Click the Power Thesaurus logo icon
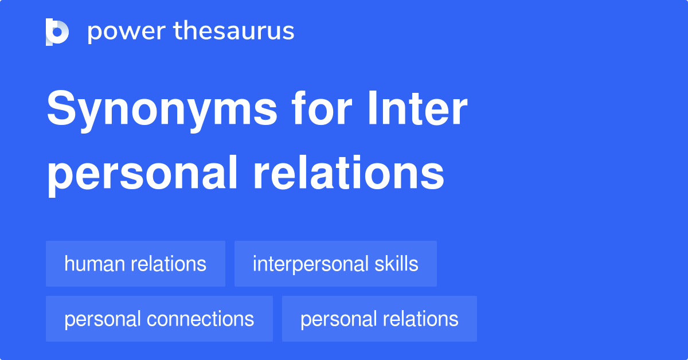57,32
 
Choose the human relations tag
135,264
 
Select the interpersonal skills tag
335,264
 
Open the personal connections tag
159,319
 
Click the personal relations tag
379,319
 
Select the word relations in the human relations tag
169,264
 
